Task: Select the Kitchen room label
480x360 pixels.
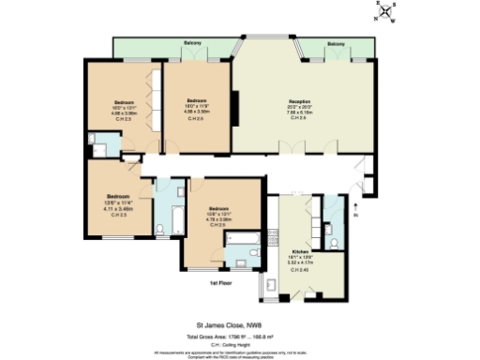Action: point(300,252)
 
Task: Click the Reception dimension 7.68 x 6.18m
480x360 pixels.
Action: point(299,112)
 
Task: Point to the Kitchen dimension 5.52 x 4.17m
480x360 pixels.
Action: point(300,262)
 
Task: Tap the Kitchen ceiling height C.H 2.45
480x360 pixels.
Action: point(300,269)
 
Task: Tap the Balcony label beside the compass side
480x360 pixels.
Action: point(336,43)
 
